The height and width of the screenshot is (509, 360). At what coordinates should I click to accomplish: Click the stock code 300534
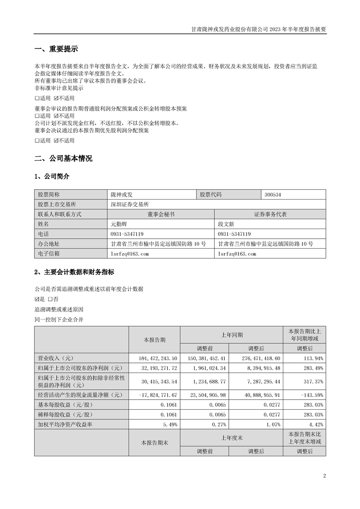click(x=273, y=194)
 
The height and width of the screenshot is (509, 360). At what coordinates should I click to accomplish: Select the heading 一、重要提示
click(x=56, y=49)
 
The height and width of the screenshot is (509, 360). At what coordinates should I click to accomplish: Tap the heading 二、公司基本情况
click(x=63, y=158)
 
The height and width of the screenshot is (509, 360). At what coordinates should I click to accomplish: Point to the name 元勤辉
click(x=119, y=224)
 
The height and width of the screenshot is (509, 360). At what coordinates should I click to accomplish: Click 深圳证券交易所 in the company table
click(x=130, y=204)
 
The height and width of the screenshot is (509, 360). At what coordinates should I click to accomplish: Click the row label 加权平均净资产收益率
click(x=67, y=425)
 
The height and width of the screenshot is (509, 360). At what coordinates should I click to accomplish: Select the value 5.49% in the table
click(x=169, y=425)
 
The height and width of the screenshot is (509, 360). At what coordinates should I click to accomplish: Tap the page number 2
click(x=325, y=476)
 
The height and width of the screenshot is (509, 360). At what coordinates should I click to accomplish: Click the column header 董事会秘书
click(x=161, y=214)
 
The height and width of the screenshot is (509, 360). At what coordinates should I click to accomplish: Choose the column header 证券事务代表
click(x=271, y=214)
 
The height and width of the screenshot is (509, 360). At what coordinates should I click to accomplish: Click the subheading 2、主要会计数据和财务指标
click(x=74, y=272)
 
